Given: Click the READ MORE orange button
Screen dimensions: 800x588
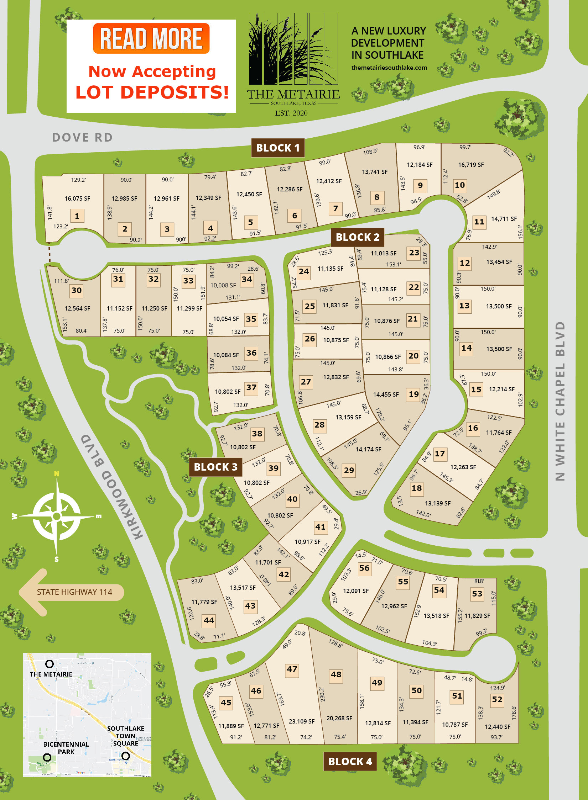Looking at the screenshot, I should click(x=151, y=38).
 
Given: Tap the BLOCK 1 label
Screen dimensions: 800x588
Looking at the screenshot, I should click(x=278, y=148).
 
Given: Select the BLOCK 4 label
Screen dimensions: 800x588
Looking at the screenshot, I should click(x=350, y=761).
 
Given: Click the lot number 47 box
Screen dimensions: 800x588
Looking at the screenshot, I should click(x=292, y=669).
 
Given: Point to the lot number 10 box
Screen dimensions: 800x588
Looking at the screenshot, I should click(x=460, y=185).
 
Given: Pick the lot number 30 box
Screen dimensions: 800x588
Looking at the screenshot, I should click(x=77, y=290).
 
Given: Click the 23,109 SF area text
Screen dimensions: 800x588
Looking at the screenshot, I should click(x=302, y=721).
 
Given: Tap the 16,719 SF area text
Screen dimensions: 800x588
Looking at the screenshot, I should click(x=471, y=165).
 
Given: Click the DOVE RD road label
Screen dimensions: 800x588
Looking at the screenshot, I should click(x=82, y=137).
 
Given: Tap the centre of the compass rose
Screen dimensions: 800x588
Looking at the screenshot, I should click(x=57, y=516).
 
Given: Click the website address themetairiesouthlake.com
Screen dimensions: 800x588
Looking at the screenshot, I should click(x=389, y=68).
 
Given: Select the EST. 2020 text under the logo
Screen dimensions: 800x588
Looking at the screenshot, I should click(x=291, y=113).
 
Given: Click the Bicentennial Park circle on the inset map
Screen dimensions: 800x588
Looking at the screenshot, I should click(x=47, y=757).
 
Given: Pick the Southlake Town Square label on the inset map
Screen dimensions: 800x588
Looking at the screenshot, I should click(x=125, y=736).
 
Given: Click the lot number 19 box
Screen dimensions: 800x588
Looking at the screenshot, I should click(x=413, y=394).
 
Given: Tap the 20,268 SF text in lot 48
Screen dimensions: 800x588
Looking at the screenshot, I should click(x=339, y=718).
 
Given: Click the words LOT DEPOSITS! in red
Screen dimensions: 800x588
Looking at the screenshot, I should click(x=152, y=92).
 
